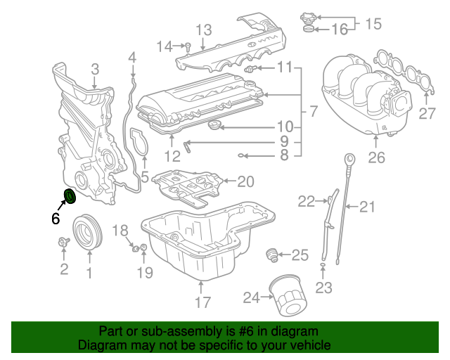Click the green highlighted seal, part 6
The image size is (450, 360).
click(x=70, y=197)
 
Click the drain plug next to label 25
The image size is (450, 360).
click(x=271, y=255)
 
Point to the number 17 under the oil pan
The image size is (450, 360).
click(x=202, y=303)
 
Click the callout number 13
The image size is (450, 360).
click(x=203, y=30)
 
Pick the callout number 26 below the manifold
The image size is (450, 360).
click(x=377, y=158)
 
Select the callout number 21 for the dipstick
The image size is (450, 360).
click(x=368, y=206)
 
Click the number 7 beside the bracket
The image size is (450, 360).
click(x=314, y=110)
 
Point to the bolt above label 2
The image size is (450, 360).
click(x=61, y=243)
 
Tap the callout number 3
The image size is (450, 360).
click(x=95, y=69)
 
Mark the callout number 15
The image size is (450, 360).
click(x=373, y=23)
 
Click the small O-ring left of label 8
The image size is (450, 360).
click(x=241, y=155)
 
